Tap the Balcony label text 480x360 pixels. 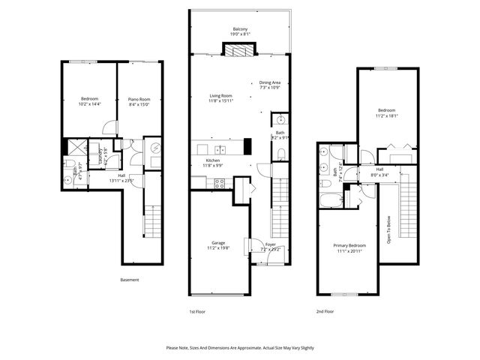coord(239,28)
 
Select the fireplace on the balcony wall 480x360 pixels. coord(239,50)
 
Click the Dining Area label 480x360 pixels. coord(270,82)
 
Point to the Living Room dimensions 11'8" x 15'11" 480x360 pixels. coord(220,101)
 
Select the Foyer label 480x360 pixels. coord(270,242)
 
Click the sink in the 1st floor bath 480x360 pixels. coord(279,119)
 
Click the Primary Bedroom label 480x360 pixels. coord(349,245)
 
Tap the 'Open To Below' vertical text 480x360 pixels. coord(389,229)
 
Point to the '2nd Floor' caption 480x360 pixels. coord(325,310)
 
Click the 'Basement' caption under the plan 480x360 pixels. coord(130,280)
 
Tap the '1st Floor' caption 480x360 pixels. coord(196,310)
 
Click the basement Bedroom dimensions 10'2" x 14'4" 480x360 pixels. coord(90,104)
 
